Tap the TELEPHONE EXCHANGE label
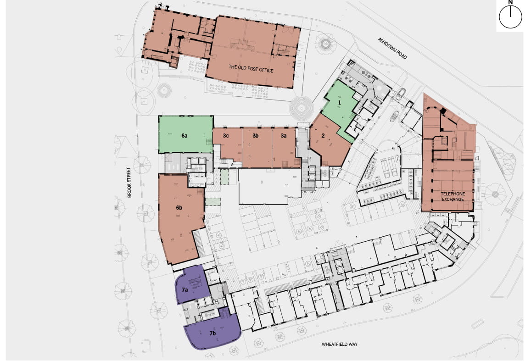(x=453, y=196)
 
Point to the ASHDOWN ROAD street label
(x=392, y=48)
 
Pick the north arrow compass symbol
(x=510, y=19)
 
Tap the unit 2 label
(x=323, y=135)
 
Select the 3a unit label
(x=284, y=136)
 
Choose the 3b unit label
(x=256, y=136)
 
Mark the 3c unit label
(x=226, y=136)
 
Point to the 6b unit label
(x=179, y=207)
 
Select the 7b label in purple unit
(x=213, y=333)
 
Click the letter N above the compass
(x=510, y=3)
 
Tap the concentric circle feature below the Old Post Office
(x=302, y=108)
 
